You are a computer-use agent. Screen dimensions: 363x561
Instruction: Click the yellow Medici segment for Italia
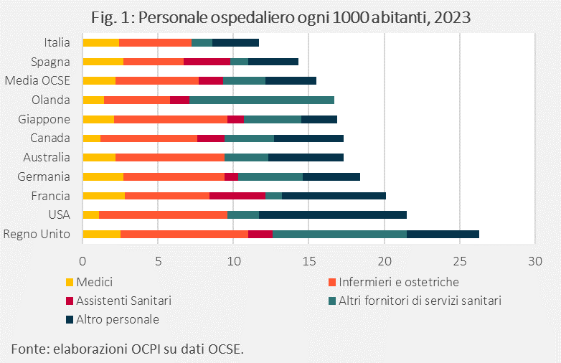pyautogui.click(x=101, y=43)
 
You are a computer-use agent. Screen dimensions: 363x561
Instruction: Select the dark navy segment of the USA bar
pyautogui.click(x=333, y=214)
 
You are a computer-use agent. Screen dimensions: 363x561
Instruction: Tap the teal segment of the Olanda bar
pyautogui.click(x=262, y=100)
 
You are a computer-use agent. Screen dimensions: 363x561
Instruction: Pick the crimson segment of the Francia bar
pyautogui.click(x=237, y=196)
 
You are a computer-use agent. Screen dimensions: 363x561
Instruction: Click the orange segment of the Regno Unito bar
pyautogui.click(x=184, y=234)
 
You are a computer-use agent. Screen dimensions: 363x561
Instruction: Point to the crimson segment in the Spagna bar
pyautogui.click(x=207, y=62)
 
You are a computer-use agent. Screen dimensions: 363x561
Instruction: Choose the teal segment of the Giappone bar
pyautogui.click(x=273, y=119)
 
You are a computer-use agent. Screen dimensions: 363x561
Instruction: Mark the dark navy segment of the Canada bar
pyautogui.click(x=308, y=138)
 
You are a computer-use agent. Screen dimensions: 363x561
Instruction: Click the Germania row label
pyautogui.click(x=47, y=176)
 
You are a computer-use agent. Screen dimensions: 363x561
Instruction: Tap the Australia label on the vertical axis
pyautogui.click(x=47, y=157)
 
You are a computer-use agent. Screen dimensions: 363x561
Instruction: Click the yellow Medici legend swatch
pyautogui.click(x=70, y=282)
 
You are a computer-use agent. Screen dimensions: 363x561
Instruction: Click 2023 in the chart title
pyautogui.click(x=450, y=16)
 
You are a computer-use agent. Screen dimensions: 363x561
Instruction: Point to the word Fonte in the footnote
pyautogui.click(x=28, y=349)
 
